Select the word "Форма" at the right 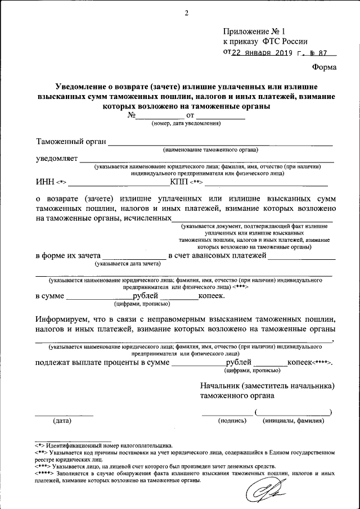(325, 68)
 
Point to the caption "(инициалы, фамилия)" (293, 421)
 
